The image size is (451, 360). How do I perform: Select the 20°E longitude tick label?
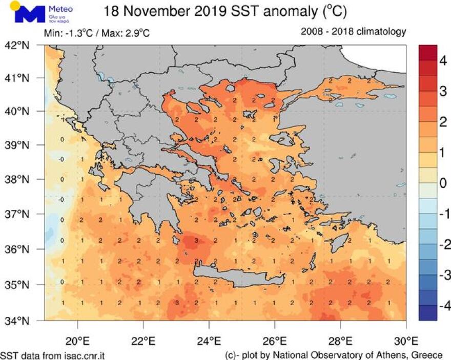pos(77,340)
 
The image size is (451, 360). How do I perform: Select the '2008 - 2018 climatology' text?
pos(354,32)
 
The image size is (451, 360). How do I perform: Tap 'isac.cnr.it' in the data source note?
pos(84,354)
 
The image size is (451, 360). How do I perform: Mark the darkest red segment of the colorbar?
pos(428,53)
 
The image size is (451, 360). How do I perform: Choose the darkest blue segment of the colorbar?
pos(428,312)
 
